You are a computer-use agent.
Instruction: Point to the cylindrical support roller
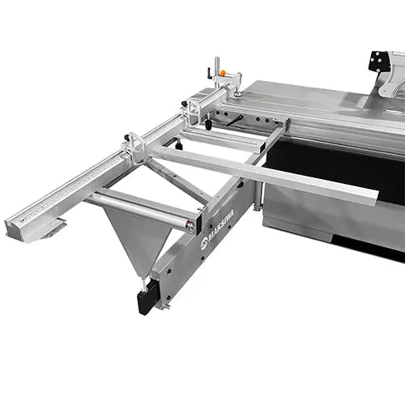coord(142,209)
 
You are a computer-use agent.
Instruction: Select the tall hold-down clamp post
coord(216,70)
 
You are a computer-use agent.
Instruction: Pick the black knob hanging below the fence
coord(208,125)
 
